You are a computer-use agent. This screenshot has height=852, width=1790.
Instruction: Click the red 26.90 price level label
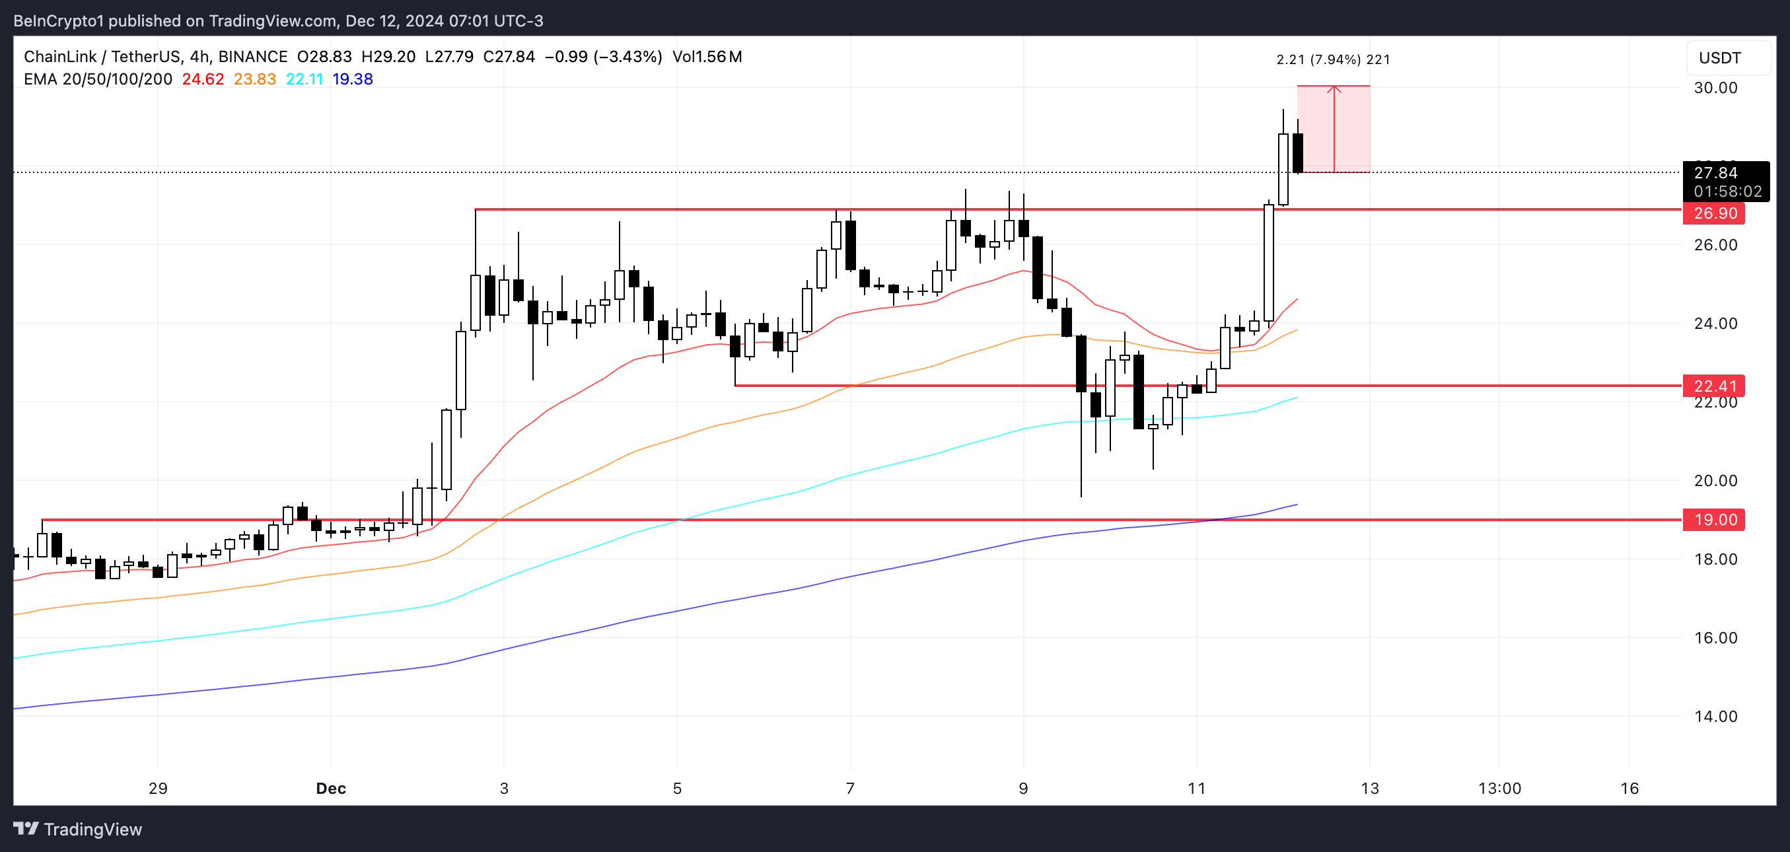click(1713, 213)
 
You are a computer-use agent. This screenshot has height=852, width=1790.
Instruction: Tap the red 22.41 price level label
click(1713, 386)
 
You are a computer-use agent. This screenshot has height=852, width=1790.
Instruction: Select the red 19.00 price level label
click(1713, 520)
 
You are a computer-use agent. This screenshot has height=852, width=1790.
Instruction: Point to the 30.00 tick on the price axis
click(1715, 88)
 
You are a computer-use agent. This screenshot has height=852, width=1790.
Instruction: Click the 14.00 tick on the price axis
click(1715, 717)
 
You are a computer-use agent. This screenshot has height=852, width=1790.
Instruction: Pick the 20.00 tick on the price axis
click(1715, 481)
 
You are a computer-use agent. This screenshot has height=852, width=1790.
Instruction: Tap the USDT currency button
click(1720, 57)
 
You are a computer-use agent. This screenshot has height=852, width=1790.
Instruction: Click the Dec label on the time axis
click(331, 789)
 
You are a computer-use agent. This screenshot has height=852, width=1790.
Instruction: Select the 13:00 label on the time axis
click(1499, 789)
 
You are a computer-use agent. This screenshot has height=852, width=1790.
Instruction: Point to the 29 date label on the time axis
click(159, 789)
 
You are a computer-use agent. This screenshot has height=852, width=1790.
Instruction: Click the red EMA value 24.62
click(203, 79)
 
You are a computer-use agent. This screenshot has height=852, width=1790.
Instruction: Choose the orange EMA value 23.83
click(254, 79)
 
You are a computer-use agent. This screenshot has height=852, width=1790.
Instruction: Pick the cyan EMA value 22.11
click(304, 79)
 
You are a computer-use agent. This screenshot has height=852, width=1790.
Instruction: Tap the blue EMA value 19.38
click(352, 79)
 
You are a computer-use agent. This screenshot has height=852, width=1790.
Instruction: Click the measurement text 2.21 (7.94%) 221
click(1333, 59)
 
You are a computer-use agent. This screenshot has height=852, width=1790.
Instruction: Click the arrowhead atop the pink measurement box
click(1334, 89)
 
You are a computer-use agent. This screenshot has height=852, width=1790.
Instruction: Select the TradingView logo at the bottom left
click(78, 829)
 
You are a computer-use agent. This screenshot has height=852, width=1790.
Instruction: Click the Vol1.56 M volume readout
click(707, 57)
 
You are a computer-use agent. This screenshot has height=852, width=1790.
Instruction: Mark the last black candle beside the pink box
click(1297, 153)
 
